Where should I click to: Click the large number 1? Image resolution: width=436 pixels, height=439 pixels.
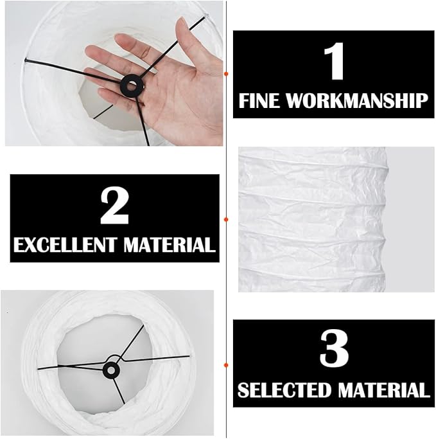334,61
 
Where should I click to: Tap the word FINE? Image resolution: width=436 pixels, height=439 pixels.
259,100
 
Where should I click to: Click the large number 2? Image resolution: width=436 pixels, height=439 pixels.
114,206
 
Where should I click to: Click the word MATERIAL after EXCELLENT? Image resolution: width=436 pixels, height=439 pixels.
170,245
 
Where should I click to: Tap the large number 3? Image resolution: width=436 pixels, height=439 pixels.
334,348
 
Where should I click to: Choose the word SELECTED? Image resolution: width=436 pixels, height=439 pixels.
284,390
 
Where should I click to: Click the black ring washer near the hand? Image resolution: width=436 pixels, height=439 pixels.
132,85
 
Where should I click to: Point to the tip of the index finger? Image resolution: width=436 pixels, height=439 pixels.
118,37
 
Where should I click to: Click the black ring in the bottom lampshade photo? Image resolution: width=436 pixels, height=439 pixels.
111,370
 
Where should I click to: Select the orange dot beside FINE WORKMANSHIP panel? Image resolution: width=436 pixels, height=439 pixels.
226,74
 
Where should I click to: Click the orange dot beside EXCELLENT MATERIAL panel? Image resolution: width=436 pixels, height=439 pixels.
226,220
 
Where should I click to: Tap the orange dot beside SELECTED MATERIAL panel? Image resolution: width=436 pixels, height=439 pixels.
226,365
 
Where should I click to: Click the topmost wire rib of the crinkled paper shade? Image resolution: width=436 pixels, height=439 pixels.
313,163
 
